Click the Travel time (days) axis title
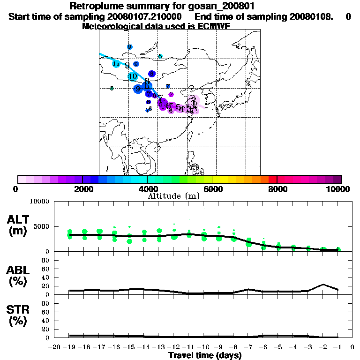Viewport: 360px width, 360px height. (x=205, y=356)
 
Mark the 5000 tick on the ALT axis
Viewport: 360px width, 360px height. (x=42, y=226)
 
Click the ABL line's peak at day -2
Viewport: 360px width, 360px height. (x=323, y=284)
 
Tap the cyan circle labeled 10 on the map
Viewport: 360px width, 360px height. (x=133, y=76)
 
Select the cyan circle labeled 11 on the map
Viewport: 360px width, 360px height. (x=116, y=64)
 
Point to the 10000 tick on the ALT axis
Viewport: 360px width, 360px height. (x=40, y=202)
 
